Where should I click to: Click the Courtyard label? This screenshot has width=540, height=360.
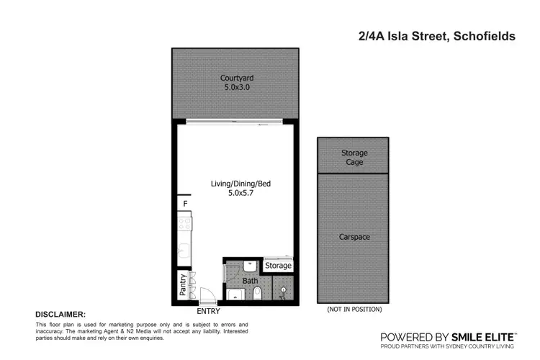click(237, 78)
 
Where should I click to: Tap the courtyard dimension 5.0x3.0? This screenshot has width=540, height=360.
click(237, 88)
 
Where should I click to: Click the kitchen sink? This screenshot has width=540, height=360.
click(184, 252)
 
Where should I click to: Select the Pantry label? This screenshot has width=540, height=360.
click(184, 285)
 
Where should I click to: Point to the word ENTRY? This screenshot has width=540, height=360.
click(208, 311)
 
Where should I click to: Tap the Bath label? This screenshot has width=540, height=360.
click(250, 281)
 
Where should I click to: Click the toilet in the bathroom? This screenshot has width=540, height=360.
click(257, 292)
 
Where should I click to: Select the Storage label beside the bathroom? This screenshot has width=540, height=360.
click(278, 266)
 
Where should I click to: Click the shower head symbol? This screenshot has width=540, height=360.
click(283, 290)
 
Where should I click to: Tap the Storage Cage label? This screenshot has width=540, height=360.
click(354, 158)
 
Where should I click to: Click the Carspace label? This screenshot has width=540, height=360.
click(354, 237)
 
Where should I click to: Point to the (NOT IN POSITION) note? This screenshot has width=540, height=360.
click(354, 310)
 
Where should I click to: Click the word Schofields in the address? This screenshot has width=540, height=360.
click(481, 36)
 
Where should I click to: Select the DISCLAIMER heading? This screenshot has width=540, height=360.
click(60, 315)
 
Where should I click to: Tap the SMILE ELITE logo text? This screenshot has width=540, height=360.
click(482, 336)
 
